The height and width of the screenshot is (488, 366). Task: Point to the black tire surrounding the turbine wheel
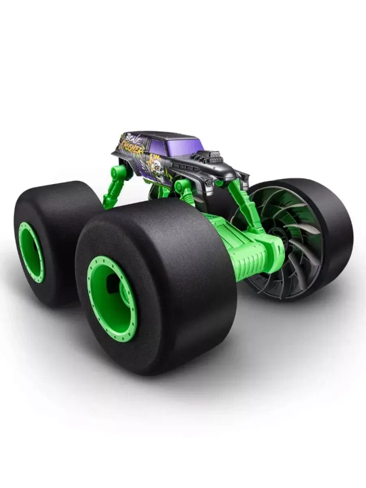[333, 222]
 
